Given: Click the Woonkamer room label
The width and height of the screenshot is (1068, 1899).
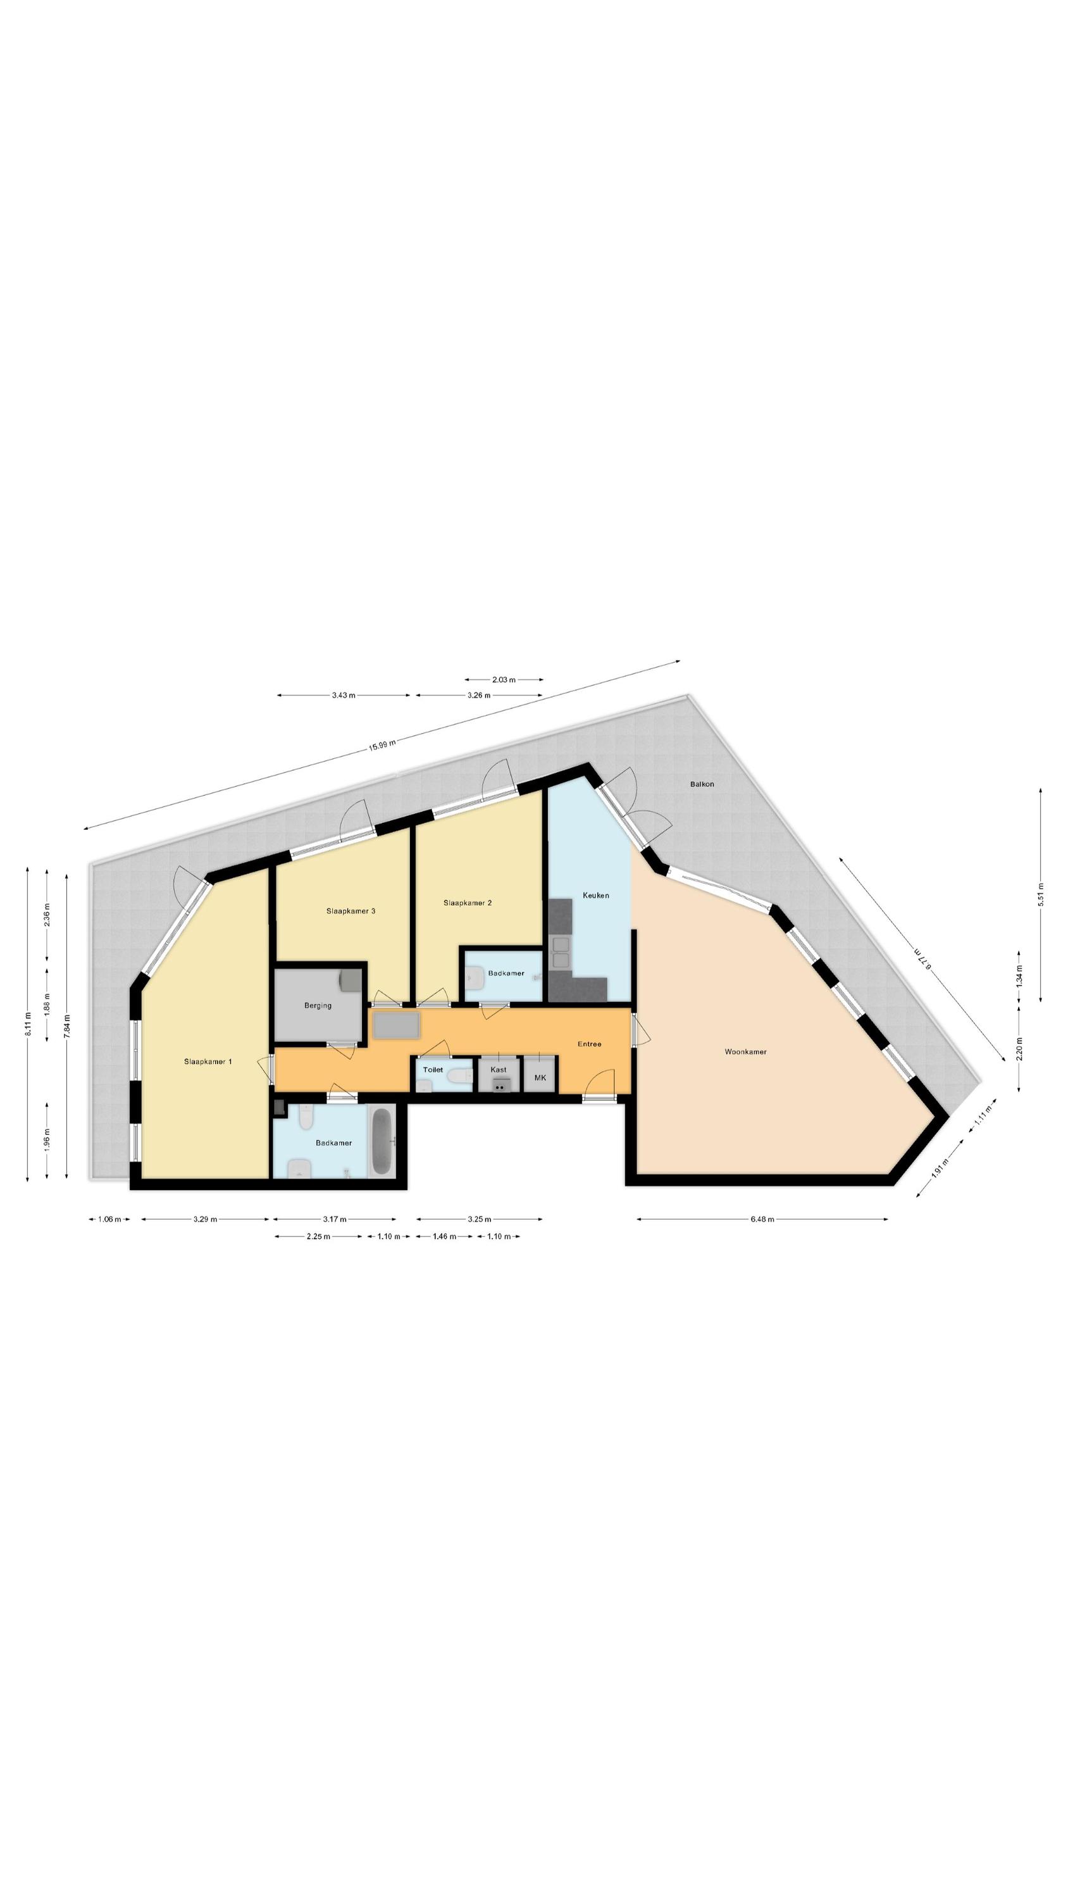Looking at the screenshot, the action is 745,1052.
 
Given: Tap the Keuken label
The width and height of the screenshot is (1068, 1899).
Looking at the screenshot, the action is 595,896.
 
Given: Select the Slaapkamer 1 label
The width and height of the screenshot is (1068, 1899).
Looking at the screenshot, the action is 208,1062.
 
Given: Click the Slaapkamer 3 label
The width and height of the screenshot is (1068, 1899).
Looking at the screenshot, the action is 351,911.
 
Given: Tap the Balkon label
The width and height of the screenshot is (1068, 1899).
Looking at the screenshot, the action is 702,784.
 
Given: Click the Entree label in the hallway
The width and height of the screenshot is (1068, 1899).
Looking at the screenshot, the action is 589,1044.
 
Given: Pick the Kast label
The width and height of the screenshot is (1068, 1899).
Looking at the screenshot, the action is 499,1070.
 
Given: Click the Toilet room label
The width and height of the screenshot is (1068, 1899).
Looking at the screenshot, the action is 433,1070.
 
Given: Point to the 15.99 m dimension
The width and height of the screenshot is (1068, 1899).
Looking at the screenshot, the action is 382,744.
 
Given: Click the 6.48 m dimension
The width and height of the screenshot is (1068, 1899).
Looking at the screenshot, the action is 762,1219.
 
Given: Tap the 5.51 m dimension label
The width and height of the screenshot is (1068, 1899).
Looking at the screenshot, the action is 1041,895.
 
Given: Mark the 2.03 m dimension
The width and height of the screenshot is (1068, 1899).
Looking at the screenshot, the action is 504,680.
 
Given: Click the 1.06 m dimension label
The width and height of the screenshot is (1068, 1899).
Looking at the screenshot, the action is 109,1219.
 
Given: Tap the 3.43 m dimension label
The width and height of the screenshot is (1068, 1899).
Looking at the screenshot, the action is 344,695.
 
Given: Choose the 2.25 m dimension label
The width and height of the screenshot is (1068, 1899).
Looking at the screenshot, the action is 318,1236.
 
